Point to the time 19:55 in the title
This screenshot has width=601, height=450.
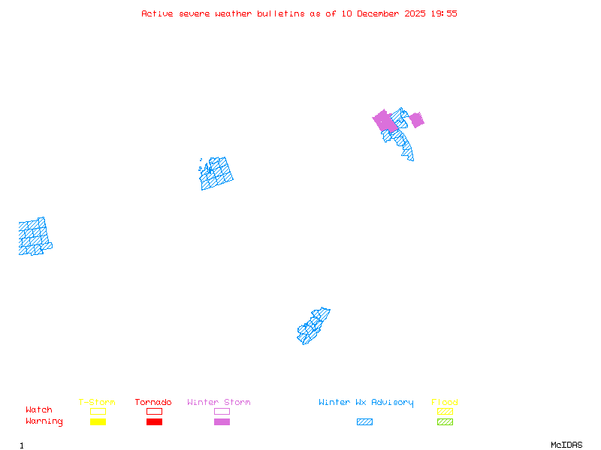pyautogui.click(x=443, y=13)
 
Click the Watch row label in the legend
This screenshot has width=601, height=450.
pyautogui.click(x=39, y=410)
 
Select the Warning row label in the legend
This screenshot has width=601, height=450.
pyautogui.click(x=44, y=421)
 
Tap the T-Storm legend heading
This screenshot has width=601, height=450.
pyautogui.click(x=97, y=403)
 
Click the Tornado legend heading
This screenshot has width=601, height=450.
pyautogui.click(x=153, y=403)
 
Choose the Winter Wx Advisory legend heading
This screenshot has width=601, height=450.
pyautogui.click(x=366, y=403)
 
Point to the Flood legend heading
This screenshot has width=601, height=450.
pyautogui.click(x=445, y=403)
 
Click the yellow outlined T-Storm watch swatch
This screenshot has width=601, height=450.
pyautogui.click(x=98, y=411)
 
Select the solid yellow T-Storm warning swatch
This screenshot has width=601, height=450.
pyautogui.click(x=98, y=422)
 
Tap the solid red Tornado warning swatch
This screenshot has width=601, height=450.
pyautogui.click(x=154, y=422)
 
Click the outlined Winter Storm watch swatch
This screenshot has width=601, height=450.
pyautogui.click(x=222, y=411)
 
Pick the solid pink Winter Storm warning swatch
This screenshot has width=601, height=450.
pyautogui.click(x=222, y=422)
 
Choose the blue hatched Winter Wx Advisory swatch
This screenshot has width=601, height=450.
pyautogui.click(x=364, y=422)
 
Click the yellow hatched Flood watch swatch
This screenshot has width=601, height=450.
pyautogui.click(x=445, y=411)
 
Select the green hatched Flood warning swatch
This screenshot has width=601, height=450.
pyautogui.click(x=445, y=422)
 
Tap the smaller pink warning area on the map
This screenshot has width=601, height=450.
pyautogui.click(x=416, y=119)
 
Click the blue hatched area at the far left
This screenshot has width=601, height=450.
pyautogui.click(x=34, y=236)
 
